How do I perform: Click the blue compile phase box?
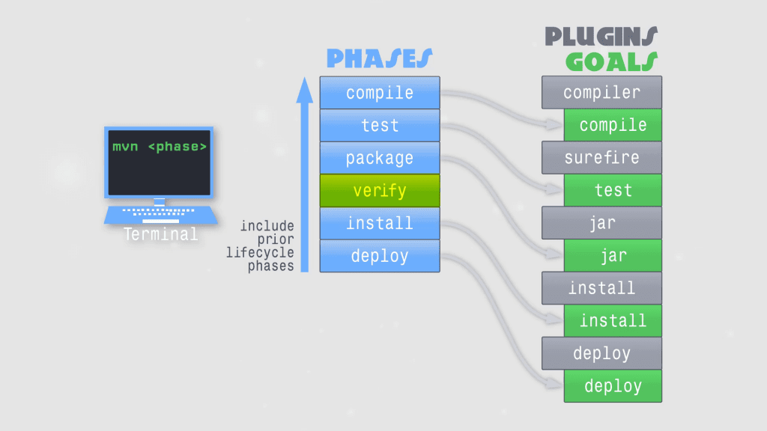click(380, 93)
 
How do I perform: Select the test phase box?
click(380, 125)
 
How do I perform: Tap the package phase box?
click(380, 158)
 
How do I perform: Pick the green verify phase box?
click(380, 191)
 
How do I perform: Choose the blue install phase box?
click(380, 223)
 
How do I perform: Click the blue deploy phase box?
click(380, 256)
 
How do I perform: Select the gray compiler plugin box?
click(601, 93)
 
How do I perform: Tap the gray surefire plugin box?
click(601, 158)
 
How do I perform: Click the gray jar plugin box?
click(601, 223)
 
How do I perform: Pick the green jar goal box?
click(613, 256)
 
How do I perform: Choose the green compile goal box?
click(613, 125)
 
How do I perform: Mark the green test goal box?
click(613, 191)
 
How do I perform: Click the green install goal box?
click(613, 321)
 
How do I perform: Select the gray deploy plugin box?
click(601, 353)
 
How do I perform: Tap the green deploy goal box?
click(613, 386)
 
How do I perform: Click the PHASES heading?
click(379, 59)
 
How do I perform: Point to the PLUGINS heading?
click(601, 37)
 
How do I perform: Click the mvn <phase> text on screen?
click(159, 147)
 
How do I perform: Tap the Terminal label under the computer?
click(161, 234)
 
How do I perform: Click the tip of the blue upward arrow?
click(304, 80)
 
